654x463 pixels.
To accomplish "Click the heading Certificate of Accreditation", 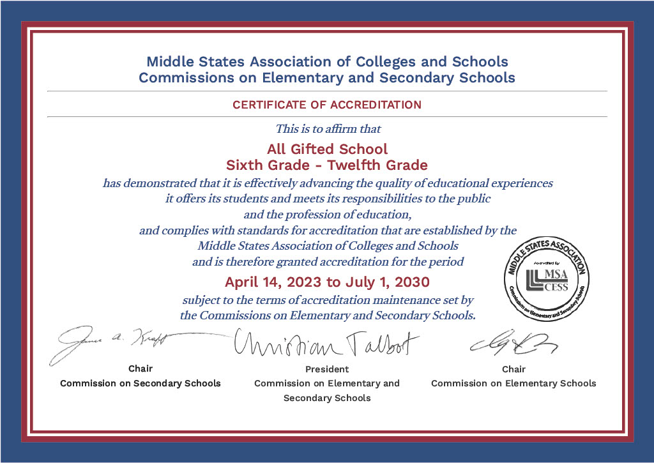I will coord(326,105).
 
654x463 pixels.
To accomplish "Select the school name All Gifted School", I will coord(327,149).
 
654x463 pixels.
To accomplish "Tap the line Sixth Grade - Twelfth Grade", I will coord(327,165).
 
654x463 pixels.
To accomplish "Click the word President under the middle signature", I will coord(327,369).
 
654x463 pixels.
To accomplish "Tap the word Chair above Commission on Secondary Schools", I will coord(141,368).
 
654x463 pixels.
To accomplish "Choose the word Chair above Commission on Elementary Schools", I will coord(513,369).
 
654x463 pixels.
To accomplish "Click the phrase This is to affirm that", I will coord(328,129).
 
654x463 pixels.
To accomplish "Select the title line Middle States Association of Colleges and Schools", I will coord(327,62).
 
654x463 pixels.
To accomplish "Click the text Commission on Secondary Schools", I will coord(141,383).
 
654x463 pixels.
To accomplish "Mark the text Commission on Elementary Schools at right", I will coord(513,383).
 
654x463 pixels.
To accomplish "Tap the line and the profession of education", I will coord(327,214).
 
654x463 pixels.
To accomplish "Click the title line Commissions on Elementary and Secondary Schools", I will coord(327,78).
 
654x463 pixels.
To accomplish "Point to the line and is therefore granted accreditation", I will coord(328,262).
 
